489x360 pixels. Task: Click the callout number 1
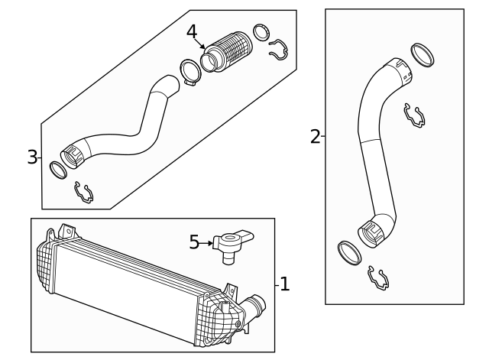point(285,284)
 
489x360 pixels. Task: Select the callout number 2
point(316,137)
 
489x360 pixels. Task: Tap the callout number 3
point(32,157)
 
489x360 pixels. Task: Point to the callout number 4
point(192,32)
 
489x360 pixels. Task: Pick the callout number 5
point(194,242)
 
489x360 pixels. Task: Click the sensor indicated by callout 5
point(232,245)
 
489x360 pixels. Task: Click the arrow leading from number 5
point(206,243)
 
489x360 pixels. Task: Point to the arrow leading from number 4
point(199,44)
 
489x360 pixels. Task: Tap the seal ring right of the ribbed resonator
point(261,32)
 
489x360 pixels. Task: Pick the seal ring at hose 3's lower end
point(58,170)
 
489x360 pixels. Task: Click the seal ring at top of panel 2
point(423,55)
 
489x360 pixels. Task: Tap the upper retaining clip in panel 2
point(414,116)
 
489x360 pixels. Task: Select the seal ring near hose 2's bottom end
point(350,253)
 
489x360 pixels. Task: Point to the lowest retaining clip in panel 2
point(379,279)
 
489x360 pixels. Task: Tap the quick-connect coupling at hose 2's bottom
point(371,234)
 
